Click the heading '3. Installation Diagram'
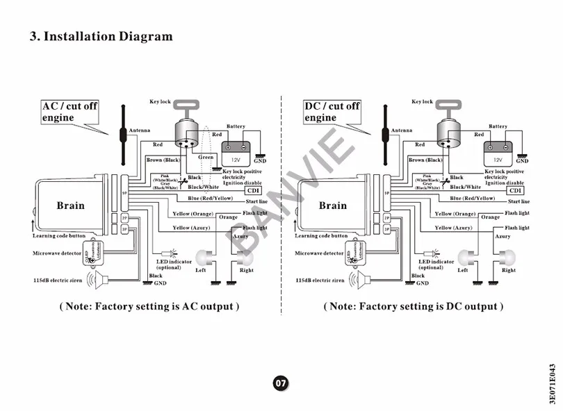tap(101, 36)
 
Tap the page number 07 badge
tap(280, 383)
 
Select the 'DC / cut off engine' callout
tap(332, 112)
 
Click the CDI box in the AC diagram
tap(254, 190)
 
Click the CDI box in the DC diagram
tap(516, 190)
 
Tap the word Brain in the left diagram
tap(70, 205)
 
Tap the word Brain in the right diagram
tap(332, 205)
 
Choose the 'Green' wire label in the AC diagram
tap(206, 157)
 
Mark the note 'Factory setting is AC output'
tap(149, 306)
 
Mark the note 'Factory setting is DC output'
tap(413, 306)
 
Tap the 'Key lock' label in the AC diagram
tap(160, 102)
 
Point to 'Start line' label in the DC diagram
tap(518, 201)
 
